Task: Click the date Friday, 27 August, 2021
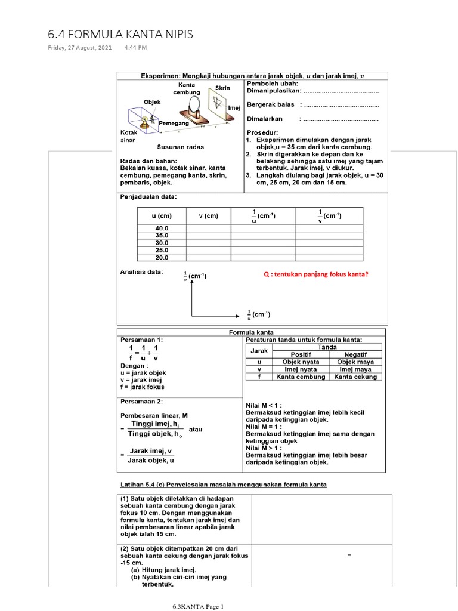[x=80, y=47]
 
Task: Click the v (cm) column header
[x=208, y=216]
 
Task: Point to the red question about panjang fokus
[x=316, y=274]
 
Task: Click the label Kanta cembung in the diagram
[x=187, y=89]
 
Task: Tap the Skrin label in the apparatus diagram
[x=222, y=88]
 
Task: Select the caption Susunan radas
[x=180, y=147]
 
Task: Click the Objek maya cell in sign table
[x=357, y=362]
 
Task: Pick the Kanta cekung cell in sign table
[x=357, y=377]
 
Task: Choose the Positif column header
[x=300, y=354]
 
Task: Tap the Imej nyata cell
[x=300, y=369]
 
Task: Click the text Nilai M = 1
[x=266, y=427]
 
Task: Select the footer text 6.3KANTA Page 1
[x=197, y=607]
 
